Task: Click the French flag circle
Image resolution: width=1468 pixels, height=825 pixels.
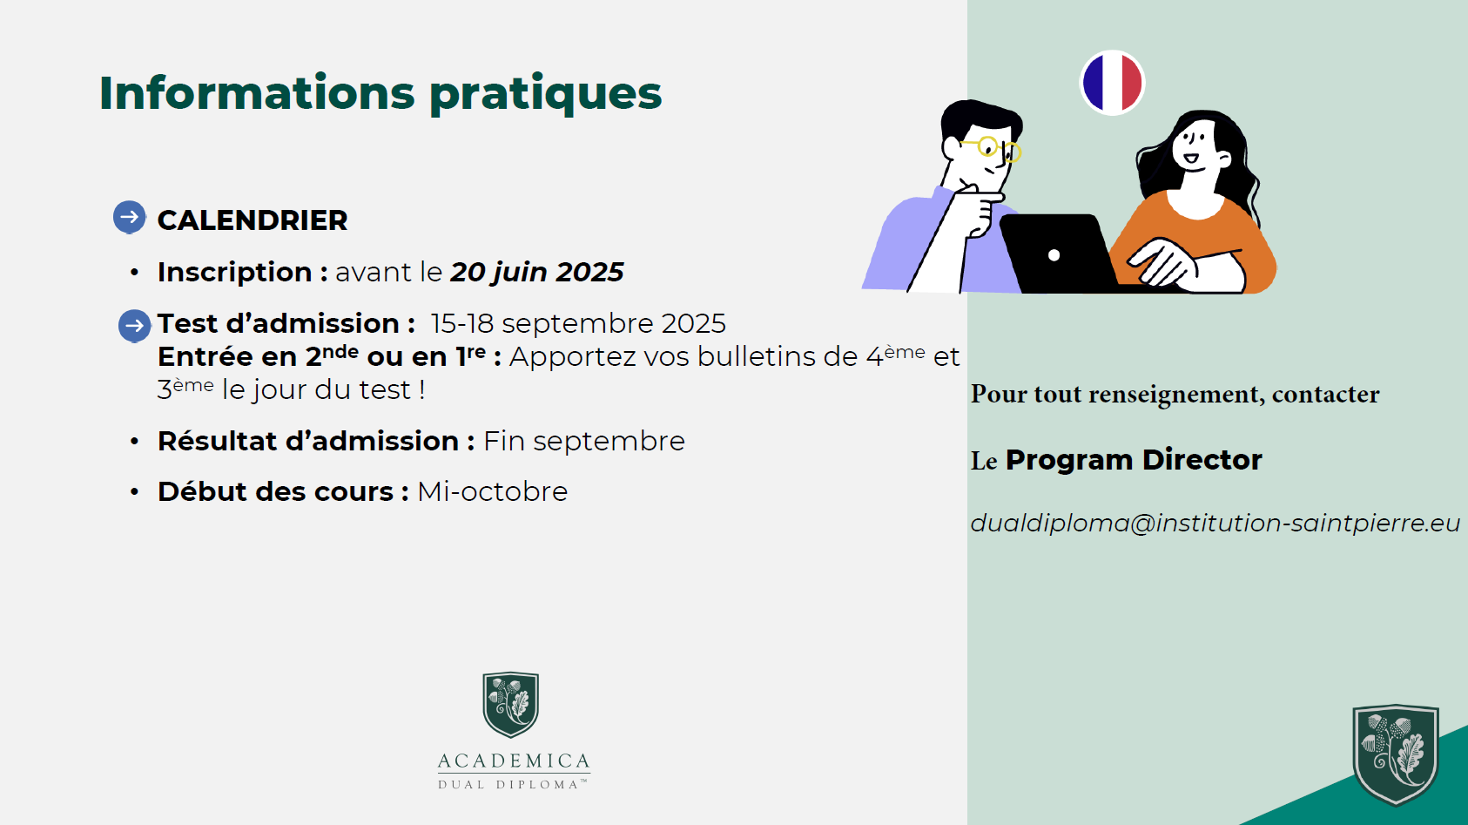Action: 1112,83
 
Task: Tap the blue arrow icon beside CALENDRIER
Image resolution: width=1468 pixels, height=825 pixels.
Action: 130,217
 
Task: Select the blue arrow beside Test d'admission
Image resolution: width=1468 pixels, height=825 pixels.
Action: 134,326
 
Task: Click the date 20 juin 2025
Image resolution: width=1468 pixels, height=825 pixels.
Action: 536,272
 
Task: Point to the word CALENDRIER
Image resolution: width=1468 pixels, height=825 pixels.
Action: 253,220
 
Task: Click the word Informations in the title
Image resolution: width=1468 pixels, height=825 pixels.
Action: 257,92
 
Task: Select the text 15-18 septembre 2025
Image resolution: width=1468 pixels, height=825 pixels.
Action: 578,323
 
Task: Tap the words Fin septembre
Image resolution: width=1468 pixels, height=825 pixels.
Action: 584,441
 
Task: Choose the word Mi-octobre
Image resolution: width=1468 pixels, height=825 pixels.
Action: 492,491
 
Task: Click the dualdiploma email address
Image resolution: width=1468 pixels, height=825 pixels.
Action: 1215,523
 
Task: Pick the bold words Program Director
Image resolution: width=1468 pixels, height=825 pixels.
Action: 1134,460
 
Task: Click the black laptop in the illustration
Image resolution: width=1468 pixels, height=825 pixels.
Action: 1059,254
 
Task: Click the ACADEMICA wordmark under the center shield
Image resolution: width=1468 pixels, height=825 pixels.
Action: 514,761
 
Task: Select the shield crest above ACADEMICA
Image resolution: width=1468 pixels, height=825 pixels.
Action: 510,704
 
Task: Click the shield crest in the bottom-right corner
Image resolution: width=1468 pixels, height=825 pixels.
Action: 1396,754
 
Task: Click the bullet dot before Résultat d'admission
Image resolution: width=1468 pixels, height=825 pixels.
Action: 134,441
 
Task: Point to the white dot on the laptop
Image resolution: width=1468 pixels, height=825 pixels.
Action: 1054,255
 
